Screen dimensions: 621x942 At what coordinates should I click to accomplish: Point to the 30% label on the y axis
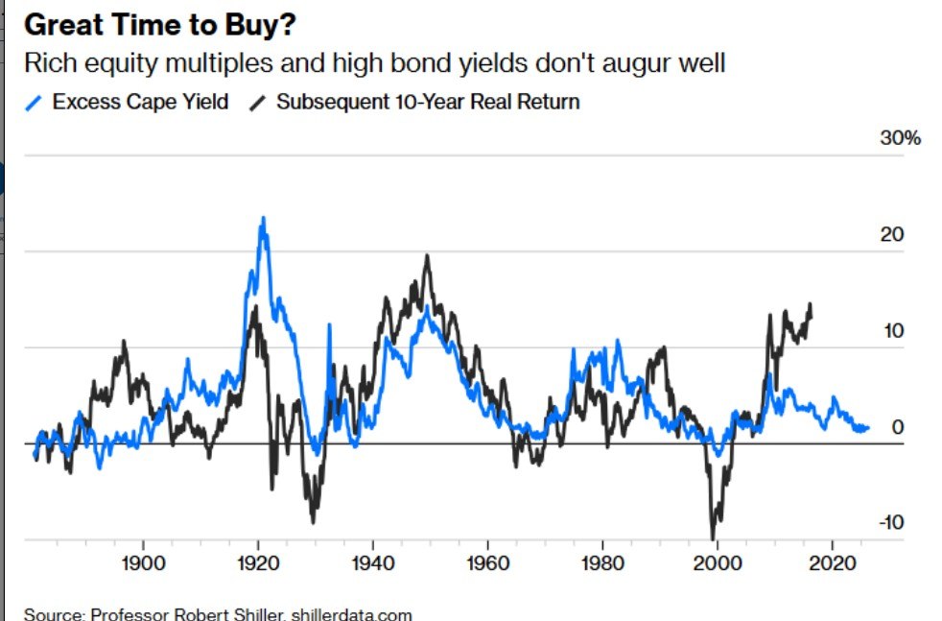click(900, 138)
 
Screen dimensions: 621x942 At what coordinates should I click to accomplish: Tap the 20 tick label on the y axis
click(892, 235)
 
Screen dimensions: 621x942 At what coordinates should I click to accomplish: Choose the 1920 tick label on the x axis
click(257, 562)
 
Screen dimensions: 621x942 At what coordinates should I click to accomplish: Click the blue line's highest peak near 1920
click(263, 219)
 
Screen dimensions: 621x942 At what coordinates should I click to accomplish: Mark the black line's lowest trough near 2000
click(713, 537)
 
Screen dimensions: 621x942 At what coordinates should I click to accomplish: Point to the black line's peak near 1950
click(427, 256)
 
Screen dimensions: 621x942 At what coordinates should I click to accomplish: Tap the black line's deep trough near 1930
click(313, 521)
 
